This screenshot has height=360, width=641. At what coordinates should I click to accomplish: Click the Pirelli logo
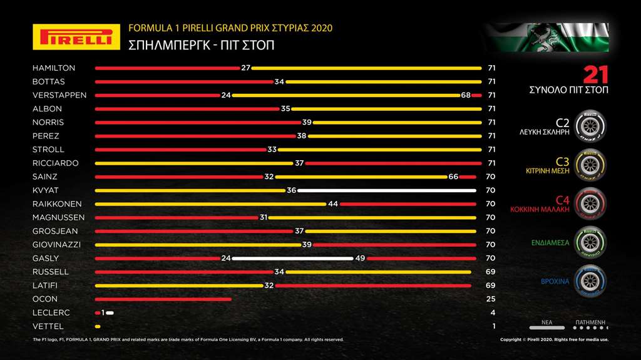click(x=76, y=37)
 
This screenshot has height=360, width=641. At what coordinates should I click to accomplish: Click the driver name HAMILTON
click(x=54, y=68)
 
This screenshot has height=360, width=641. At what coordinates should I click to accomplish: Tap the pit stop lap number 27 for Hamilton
click(x=245, y=68)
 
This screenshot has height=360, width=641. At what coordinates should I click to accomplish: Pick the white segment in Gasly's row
click(x=293, y=259)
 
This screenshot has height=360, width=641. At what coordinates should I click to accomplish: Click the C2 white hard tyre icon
click(x=589, y=125)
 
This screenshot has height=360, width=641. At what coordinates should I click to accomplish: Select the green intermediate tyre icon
click(x=589, y=242)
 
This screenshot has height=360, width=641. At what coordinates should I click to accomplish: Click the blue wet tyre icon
click(x=589, y=280)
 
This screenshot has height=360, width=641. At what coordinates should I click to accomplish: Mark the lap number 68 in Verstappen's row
click(x=466, y=95)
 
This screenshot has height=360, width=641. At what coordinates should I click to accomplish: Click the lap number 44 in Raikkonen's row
click(x=333, y=204)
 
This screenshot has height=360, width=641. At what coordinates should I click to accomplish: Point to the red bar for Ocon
click(x=163, y=299)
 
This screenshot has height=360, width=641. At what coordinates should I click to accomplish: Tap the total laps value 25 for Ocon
click(x=491, y=299)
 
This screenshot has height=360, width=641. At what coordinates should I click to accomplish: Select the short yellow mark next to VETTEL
click(x=98, y=327)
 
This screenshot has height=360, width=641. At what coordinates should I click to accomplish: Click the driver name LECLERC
click(x=51, y=313)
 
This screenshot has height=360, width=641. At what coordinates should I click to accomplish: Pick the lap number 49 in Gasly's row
click(x=360, y=259)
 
